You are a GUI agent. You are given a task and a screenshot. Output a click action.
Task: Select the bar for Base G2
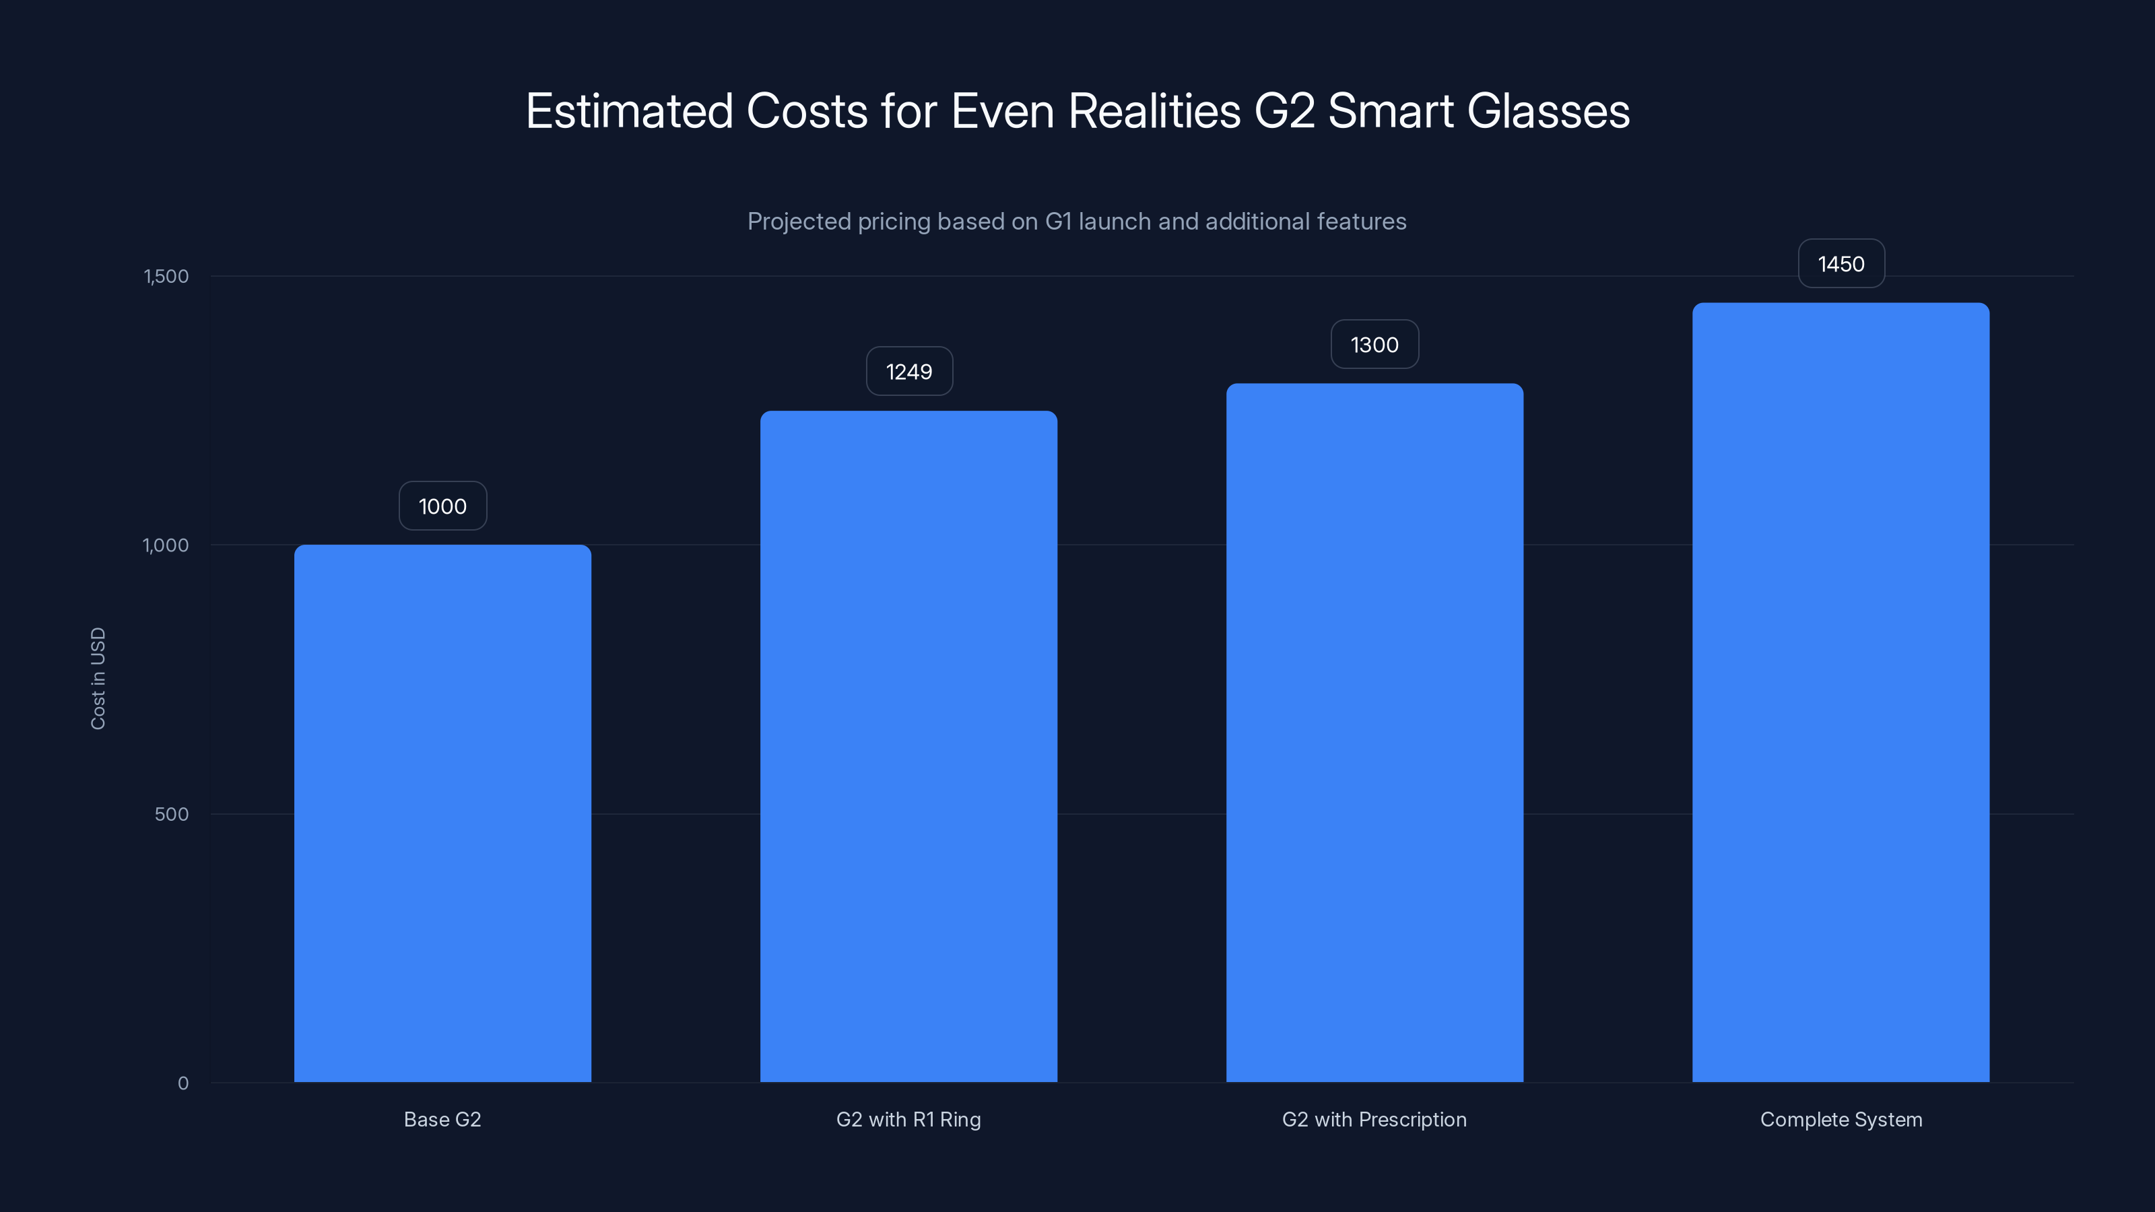coord(442,813)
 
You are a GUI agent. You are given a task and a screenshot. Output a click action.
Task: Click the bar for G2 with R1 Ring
coord(908,746)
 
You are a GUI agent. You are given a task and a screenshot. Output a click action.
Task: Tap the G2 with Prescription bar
coord(1374,733)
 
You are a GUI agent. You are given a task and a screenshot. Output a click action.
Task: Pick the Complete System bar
coord(1841,693)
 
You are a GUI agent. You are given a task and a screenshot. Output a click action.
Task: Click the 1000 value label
coord(442,506)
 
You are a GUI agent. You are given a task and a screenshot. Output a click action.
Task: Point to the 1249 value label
coord(908,372)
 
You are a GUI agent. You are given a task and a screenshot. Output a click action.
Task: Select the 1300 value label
coord(1374,345)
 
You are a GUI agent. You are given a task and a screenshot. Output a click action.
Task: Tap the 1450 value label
coord(1841,265)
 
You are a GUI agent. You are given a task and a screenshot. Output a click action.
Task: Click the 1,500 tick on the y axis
coord(166,276)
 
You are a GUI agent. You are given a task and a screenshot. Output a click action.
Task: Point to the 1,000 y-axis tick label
coord(166,545)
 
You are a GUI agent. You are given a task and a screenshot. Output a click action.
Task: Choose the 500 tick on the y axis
coord(172,814)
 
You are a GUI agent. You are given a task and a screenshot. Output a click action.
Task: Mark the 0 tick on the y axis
coord(183,1083)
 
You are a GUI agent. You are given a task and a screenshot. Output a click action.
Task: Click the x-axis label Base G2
coord(442,1119)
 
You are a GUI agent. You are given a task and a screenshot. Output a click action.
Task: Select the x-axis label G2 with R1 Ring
coord(908,1119)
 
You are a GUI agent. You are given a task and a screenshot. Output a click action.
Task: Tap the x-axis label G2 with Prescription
coord(1374,1119)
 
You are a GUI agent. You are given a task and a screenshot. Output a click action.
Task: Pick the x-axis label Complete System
coord(1841,1119)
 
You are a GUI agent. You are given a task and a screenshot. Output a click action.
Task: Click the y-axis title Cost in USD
coord(98,678)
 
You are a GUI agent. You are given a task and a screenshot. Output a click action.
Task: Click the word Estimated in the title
coord(629,111)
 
